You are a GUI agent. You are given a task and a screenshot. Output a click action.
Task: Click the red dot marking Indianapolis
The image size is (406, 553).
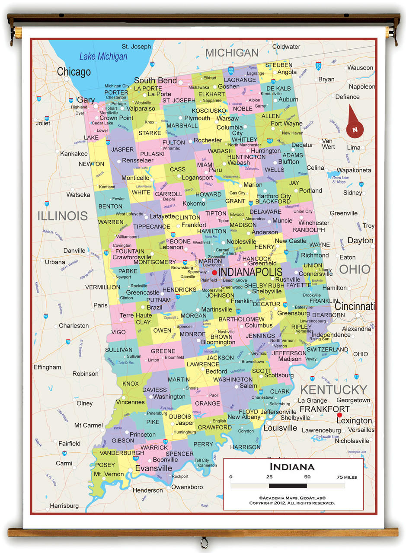(214, 273)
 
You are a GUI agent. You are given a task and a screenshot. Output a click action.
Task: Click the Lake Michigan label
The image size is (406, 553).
(103, 57)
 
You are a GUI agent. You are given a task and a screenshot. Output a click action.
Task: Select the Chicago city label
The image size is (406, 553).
(74, 72)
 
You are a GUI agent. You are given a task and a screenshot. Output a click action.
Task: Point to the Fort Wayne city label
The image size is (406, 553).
(286, 124)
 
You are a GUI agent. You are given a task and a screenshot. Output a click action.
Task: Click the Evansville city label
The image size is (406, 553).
(153, 468)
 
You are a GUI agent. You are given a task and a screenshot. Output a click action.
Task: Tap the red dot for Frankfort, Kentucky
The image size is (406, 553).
(339, 415)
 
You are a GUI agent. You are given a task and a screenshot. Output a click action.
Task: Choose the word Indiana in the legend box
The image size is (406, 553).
(292, 467)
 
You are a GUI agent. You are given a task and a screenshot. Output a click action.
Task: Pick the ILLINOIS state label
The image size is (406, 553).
(62, 216)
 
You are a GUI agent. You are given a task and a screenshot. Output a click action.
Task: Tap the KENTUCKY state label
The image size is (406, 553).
(333, 390)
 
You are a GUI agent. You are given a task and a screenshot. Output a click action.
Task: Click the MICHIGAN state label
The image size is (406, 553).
(232, 53)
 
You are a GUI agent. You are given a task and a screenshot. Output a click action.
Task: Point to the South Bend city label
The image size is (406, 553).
(155, 80)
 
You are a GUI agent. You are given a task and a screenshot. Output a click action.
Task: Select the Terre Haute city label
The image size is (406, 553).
(136, 315)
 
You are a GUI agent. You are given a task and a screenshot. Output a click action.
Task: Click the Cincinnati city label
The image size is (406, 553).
(354, 306)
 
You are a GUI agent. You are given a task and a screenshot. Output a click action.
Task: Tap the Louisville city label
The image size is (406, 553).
(280, 428)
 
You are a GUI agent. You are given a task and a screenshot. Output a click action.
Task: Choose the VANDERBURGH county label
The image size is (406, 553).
(116, 453)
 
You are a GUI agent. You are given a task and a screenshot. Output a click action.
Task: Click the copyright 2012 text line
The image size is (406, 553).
(292, 503)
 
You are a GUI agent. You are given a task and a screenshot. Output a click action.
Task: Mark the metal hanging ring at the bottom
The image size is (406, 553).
(204, 542)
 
